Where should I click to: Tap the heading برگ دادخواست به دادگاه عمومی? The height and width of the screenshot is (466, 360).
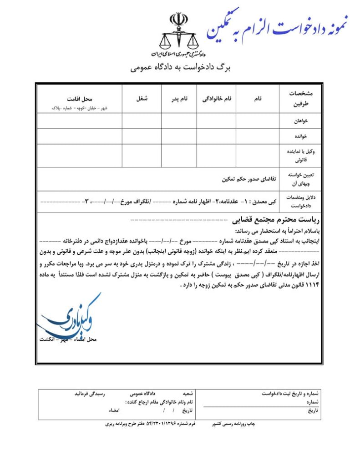181,68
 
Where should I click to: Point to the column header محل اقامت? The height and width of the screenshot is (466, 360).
79,98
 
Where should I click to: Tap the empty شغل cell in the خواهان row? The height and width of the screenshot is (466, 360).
142,122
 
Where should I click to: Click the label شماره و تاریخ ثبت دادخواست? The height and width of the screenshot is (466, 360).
291,393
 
